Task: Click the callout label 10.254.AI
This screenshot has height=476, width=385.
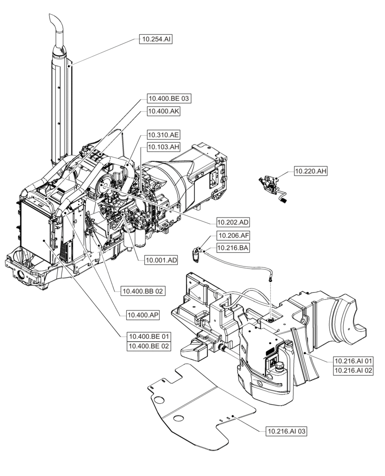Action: (x=155, y=40)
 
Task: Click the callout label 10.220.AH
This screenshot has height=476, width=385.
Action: (x=311, y=171)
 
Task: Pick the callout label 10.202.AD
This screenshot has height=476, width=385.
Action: (x=233, y=222)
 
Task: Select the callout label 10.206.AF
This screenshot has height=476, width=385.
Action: (x=233, y=235)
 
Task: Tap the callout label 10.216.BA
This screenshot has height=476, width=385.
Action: (x=233, y=248)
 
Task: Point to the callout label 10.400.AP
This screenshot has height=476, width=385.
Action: (x=143, y=315)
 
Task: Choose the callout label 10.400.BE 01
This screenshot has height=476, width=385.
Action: (x=149, y=336)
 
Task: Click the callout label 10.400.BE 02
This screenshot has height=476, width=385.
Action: (x=149, y=346)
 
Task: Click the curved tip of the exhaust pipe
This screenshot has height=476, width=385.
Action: (x=53, y=21)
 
